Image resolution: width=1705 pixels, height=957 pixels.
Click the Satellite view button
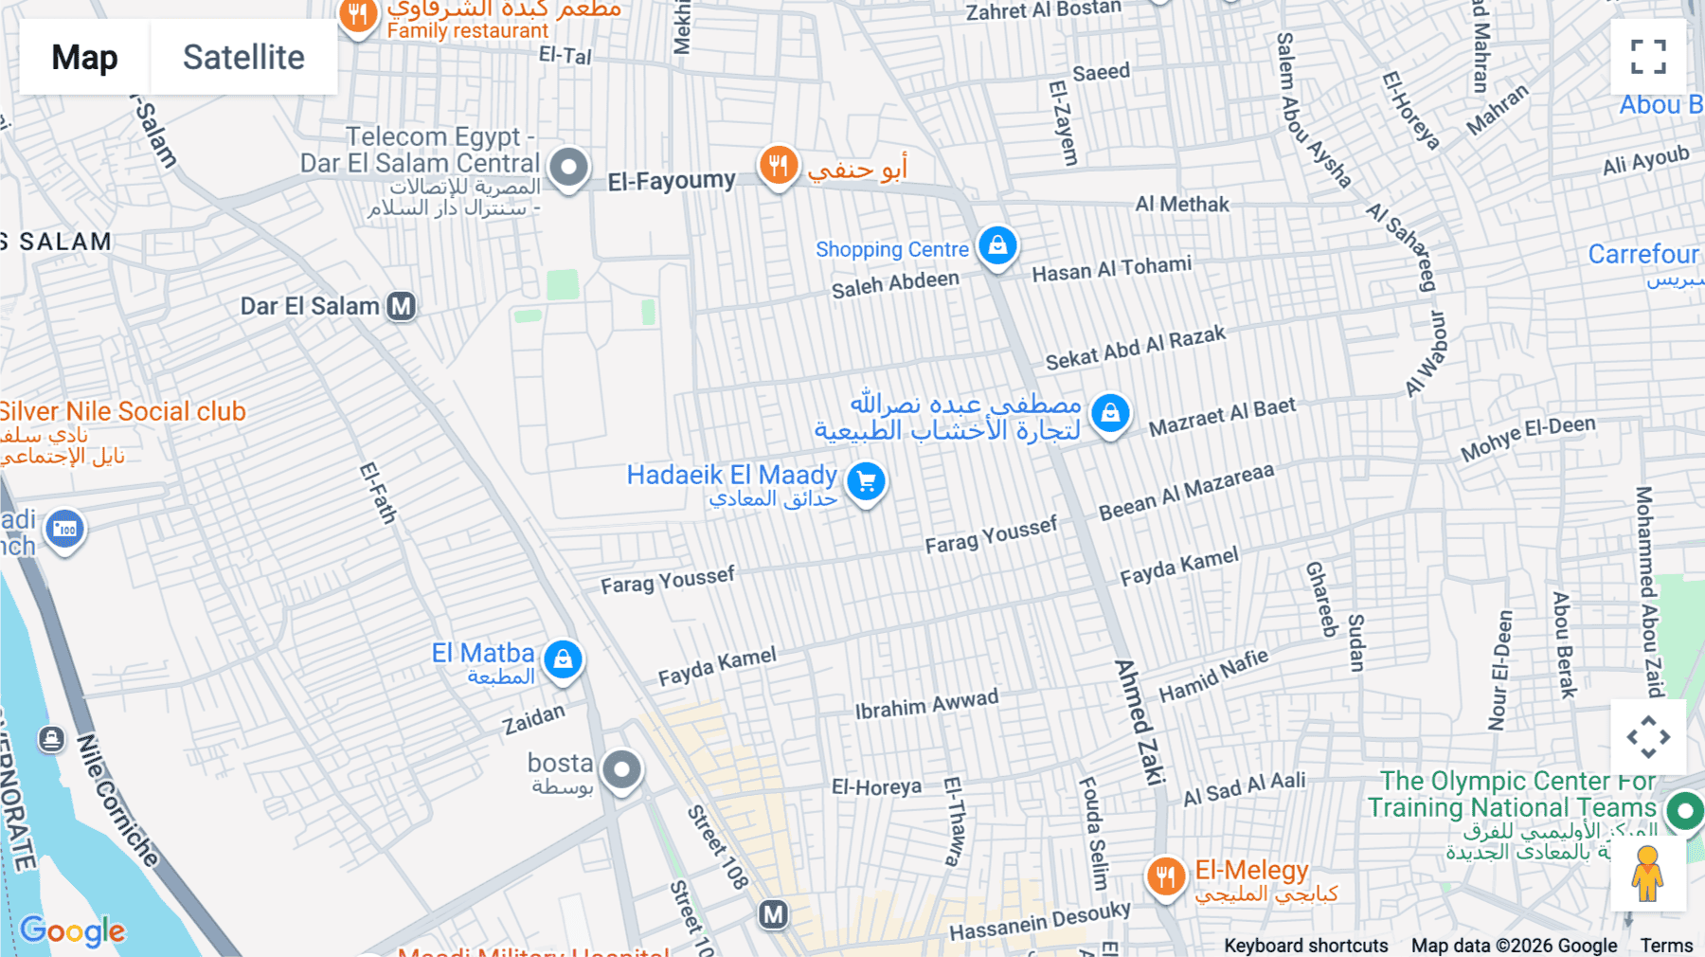click(x=243, y=58)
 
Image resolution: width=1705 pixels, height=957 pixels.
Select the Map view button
click(x=84, y=58)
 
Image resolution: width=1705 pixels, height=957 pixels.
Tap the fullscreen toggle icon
click(x=1648, y=57)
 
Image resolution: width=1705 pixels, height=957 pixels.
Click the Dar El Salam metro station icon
click(x=402, y=306)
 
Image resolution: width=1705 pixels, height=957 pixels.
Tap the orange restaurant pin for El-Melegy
click(x=1165, y=876)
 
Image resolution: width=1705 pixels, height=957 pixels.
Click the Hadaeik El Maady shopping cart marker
click(x=866, y=481)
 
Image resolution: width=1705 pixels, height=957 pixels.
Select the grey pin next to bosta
click(x=621, y=769)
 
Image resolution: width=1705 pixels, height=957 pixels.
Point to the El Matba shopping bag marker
click(x=564, y=659)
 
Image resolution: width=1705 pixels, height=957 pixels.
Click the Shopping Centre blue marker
click(x=997, y=246)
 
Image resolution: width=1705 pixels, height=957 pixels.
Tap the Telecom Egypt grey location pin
click(x=568, y=168)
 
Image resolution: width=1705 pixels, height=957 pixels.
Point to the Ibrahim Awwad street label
click(x=926, y=704)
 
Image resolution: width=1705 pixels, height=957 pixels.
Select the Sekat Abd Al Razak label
click(x=1135, y=348)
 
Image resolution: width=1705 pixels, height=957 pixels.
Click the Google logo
click(x=72, y=930)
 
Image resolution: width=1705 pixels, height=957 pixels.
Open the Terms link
click(x=1666, y=946)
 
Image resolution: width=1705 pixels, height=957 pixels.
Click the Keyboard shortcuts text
click(x=1305, y=946)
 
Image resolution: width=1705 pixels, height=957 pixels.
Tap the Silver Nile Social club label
click(x=123, y=411)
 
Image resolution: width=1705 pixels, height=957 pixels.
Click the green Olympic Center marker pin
click(x=1685, y=810)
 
